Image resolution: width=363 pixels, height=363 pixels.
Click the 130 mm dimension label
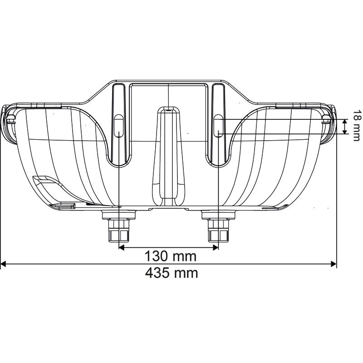(170, 256)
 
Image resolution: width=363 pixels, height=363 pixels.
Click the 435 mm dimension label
(172, 273)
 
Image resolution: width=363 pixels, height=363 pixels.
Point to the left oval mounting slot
(118, 126)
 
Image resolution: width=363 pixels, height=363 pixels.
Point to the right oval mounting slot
(218, 126)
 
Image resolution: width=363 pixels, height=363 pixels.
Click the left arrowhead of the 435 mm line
(4, 264)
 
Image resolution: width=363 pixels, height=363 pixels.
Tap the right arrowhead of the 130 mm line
(216, 247)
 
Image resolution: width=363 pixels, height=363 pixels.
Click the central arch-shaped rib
(168, 154)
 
